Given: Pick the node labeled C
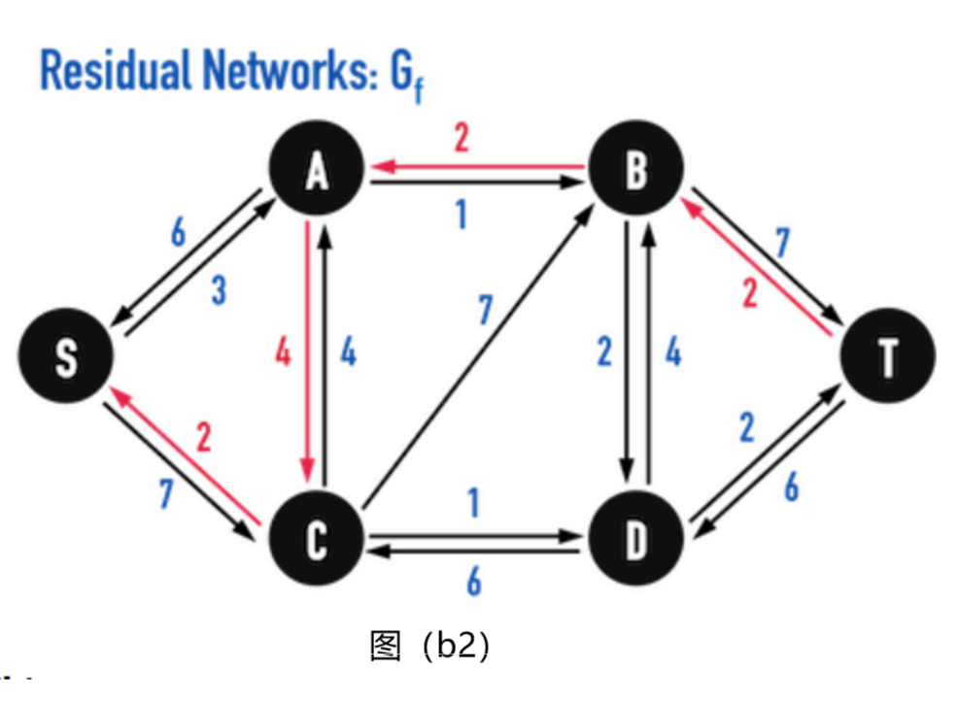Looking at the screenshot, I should [316, 540].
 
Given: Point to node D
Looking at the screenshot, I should [634, 540].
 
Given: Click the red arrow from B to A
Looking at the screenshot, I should [475, 167].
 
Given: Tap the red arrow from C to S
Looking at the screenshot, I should [185, 456].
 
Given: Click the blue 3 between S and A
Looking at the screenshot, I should [218, 289].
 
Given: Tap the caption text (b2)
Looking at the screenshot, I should [452, 645].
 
